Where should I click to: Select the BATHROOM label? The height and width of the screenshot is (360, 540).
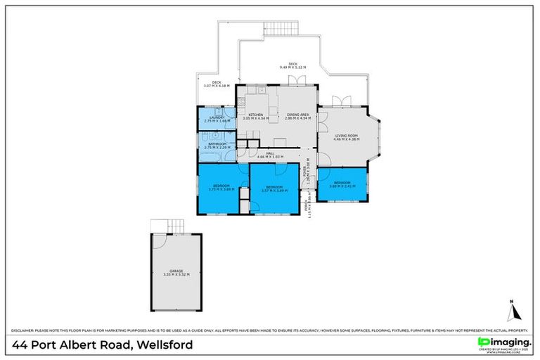click(216, 146)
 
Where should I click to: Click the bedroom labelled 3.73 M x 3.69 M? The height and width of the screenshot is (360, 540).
click(221, 188)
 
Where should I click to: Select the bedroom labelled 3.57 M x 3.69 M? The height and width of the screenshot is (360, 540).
click(274, 188)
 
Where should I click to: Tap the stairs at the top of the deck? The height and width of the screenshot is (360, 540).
click(281, 28)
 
